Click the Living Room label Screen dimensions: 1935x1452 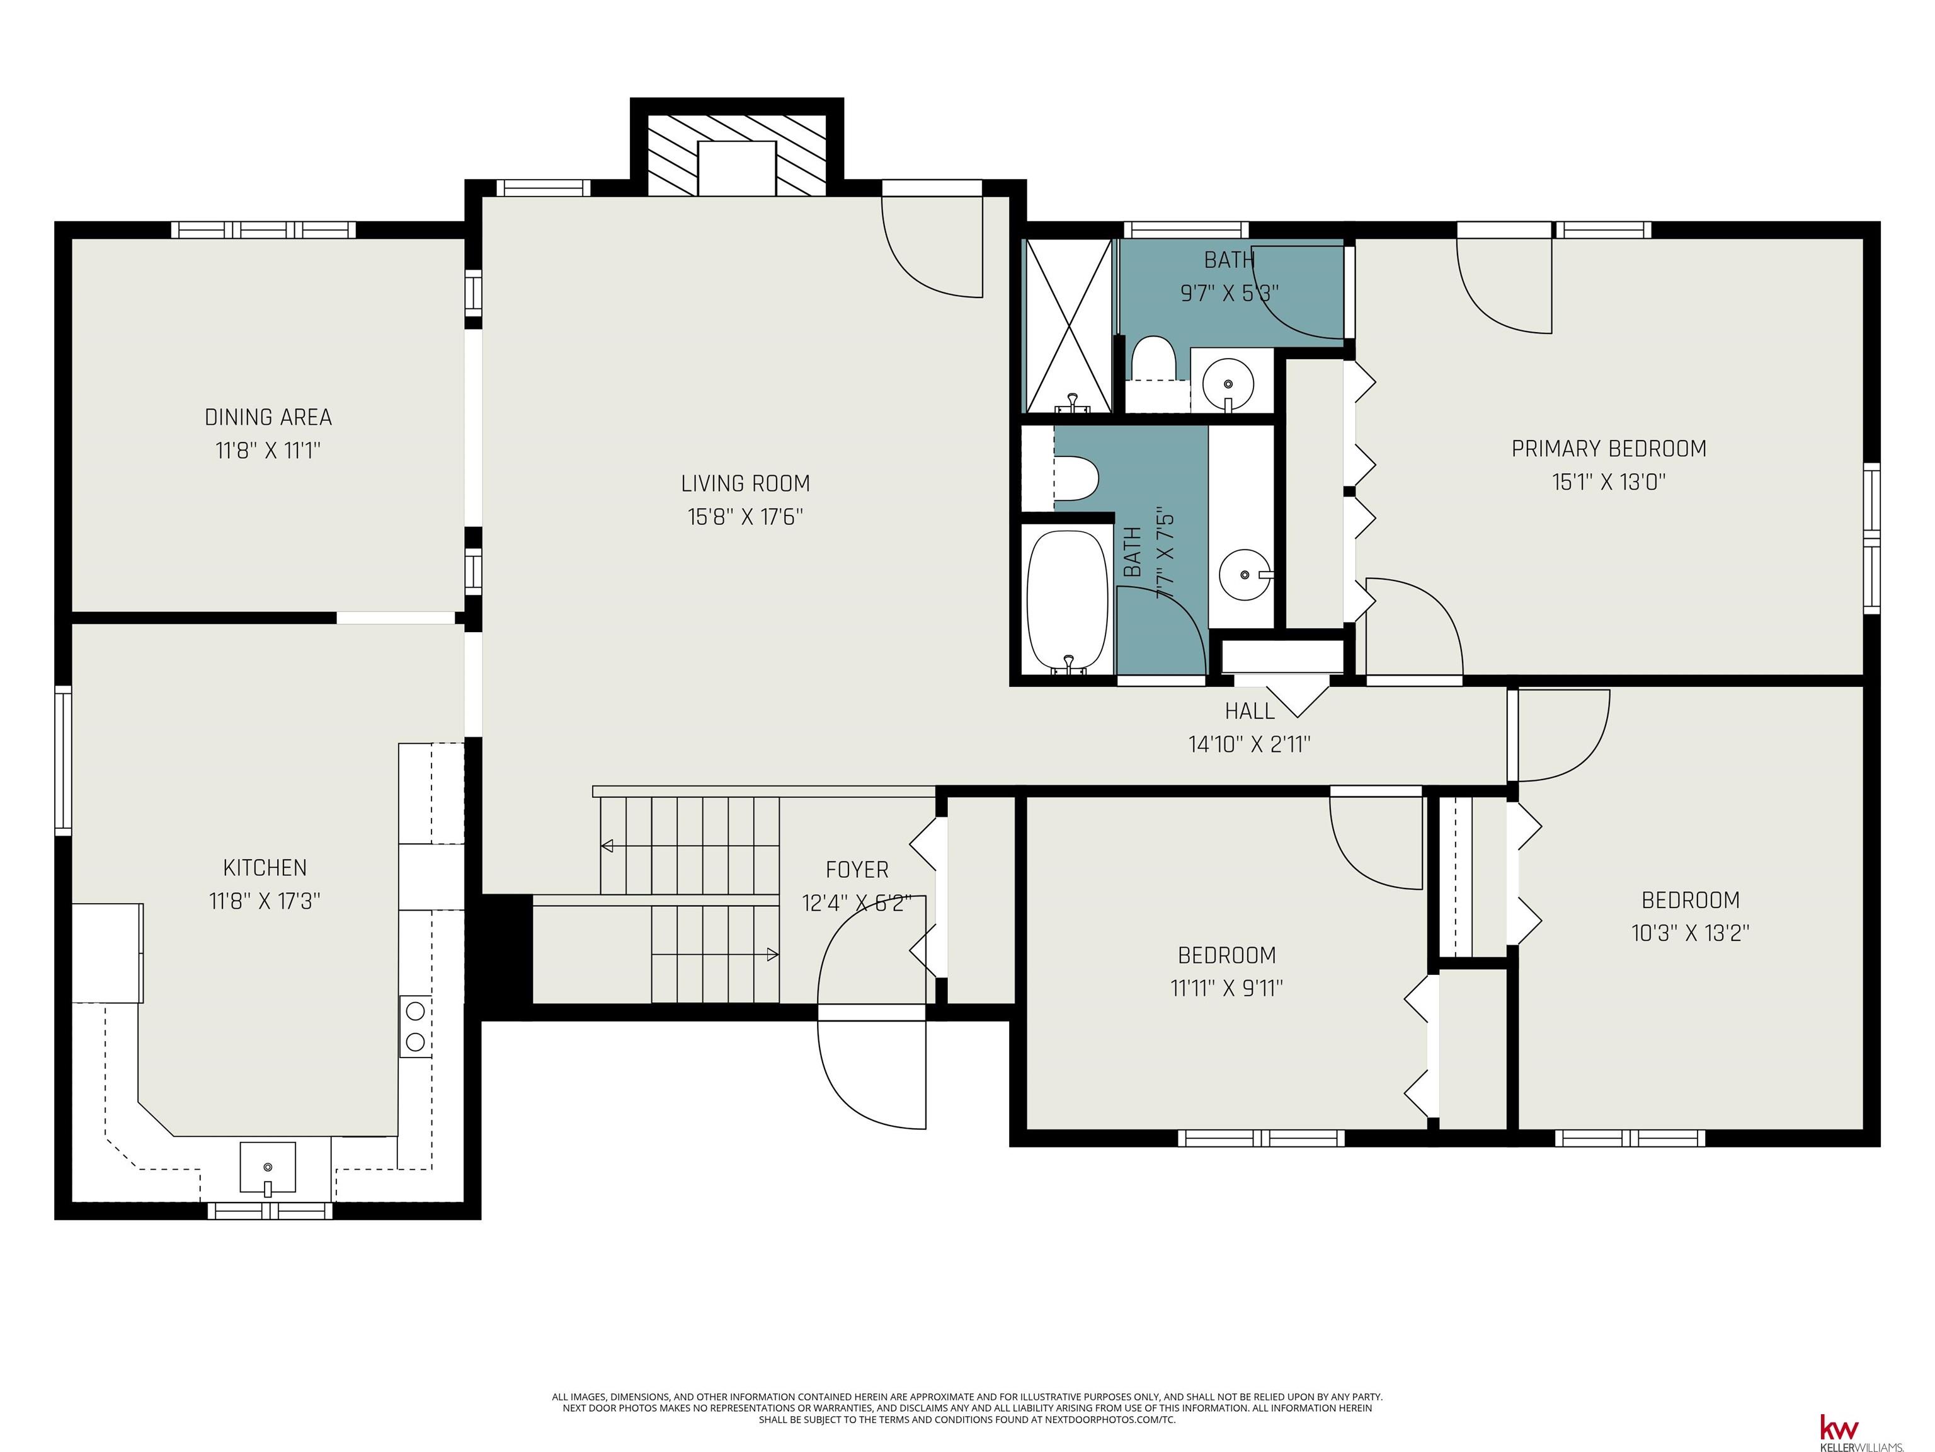click(x=745, y=483)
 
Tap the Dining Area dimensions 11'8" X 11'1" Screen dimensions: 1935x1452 click(x=268, y=451)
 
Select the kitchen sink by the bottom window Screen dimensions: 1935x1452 click(x=268, y=1168)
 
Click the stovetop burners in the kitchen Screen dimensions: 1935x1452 click(x=416, y=1027)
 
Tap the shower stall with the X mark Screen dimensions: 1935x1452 click(x=1069, y=326)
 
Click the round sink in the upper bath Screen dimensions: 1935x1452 click(x=1228, y=383)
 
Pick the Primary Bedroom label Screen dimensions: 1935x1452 click(x=1609, y=449)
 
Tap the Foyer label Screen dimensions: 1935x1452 click(x=857, y=870)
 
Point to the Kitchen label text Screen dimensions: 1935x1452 click(x=265, y=867)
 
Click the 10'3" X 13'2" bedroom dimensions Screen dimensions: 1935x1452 click(x=1690, y=933)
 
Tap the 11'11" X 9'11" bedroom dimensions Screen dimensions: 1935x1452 click(x=1226, y=988)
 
